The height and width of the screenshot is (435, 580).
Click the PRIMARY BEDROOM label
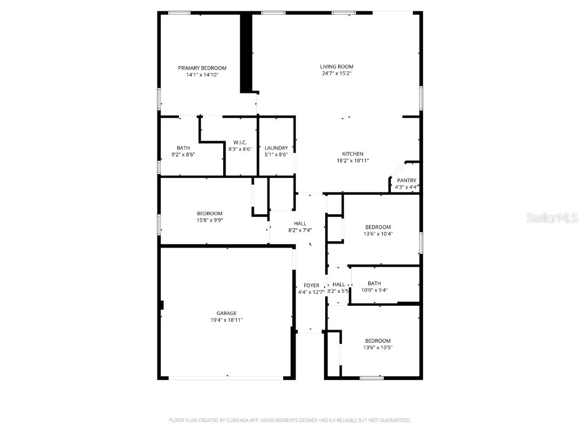coord(202,68)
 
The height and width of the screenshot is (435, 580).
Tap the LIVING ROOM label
coord(337,66)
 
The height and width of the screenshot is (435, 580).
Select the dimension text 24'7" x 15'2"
coord(337,74)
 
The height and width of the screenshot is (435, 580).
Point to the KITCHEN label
coord(352,154)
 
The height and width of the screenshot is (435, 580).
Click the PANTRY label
coord(406,181)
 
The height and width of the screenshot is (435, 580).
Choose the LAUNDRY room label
coord(276,148)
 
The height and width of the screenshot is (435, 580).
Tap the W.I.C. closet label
coord(240,142)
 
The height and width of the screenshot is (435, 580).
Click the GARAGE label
coord(226,313)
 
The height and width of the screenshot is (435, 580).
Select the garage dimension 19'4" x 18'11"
coord(226,320)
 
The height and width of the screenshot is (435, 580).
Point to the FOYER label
coord(312,285)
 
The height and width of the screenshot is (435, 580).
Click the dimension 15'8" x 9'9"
coord(210,220)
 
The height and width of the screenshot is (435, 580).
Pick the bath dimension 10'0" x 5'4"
coord(374,291)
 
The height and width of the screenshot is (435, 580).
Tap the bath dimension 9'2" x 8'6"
coord(183,155)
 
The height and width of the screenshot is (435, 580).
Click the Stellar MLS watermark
coord(552,217)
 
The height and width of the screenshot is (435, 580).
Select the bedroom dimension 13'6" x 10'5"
coord(378,347)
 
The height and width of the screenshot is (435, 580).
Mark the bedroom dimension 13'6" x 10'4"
coord(378,233)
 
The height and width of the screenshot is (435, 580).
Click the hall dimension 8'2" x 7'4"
coord(300,230)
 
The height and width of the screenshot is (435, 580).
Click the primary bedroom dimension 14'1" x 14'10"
coord(202,75)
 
